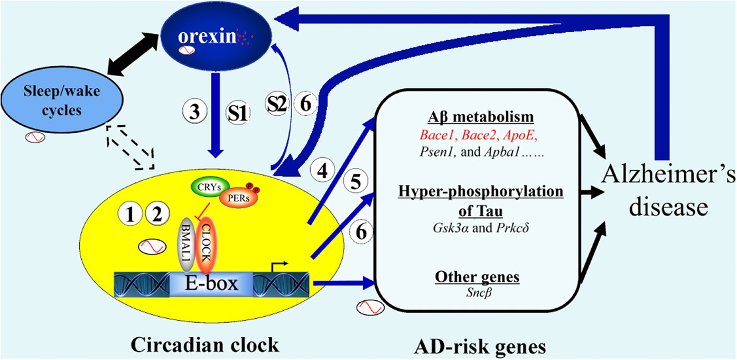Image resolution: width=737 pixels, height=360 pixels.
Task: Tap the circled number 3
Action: point(193,113)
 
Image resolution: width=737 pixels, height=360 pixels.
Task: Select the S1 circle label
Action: point(236,113)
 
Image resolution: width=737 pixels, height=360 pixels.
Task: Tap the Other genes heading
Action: point(477,276)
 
